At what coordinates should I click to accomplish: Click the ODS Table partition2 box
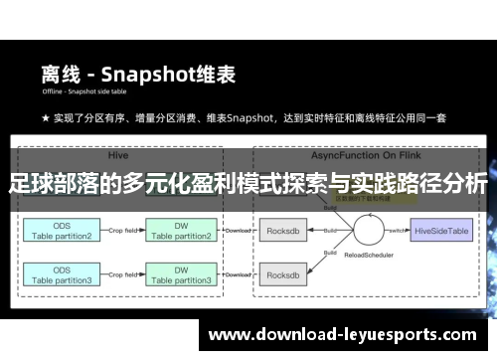[x=63, y=231]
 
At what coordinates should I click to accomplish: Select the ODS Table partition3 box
[x=63, y=275]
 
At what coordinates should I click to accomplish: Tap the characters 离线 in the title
[x=59, y=74]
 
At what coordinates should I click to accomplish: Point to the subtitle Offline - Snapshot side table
[x=86, y=93]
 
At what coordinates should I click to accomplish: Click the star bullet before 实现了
[x=46, y=118]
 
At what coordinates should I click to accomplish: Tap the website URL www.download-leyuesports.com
[x=342, y=334]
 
